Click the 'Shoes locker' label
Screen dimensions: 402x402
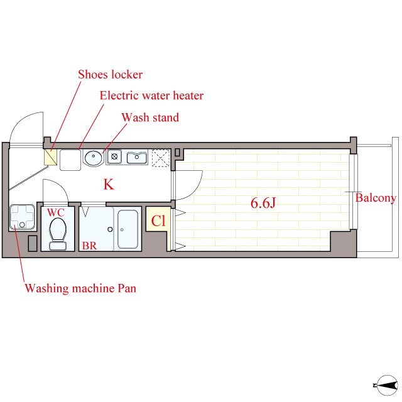[111, 75]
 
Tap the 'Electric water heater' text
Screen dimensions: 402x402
[151, 95]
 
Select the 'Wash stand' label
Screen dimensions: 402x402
[150, 117]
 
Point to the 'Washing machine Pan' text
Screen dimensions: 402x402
[80, 288]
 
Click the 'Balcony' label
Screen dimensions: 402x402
[376, 198]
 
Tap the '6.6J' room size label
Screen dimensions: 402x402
[263, 204]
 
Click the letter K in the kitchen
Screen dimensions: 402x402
[109, 184]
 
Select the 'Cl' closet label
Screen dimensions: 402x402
[158, 220]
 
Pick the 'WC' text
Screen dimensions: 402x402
[56, 212]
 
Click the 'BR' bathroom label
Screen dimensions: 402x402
[89, 246]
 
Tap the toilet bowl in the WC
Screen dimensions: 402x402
[58, 233]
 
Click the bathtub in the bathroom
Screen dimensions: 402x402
[128, 229]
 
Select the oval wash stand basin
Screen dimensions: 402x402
[94, 158]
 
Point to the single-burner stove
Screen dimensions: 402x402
[114, 156]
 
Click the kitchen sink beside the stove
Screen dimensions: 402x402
[137, 157]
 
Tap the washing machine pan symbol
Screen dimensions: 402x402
[23, 217]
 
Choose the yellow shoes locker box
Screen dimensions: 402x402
[50, 157]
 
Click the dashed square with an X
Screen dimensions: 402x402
[161, 158]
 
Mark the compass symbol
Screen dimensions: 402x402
[386, 385]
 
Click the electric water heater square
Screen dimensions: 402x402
[70, 160]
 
